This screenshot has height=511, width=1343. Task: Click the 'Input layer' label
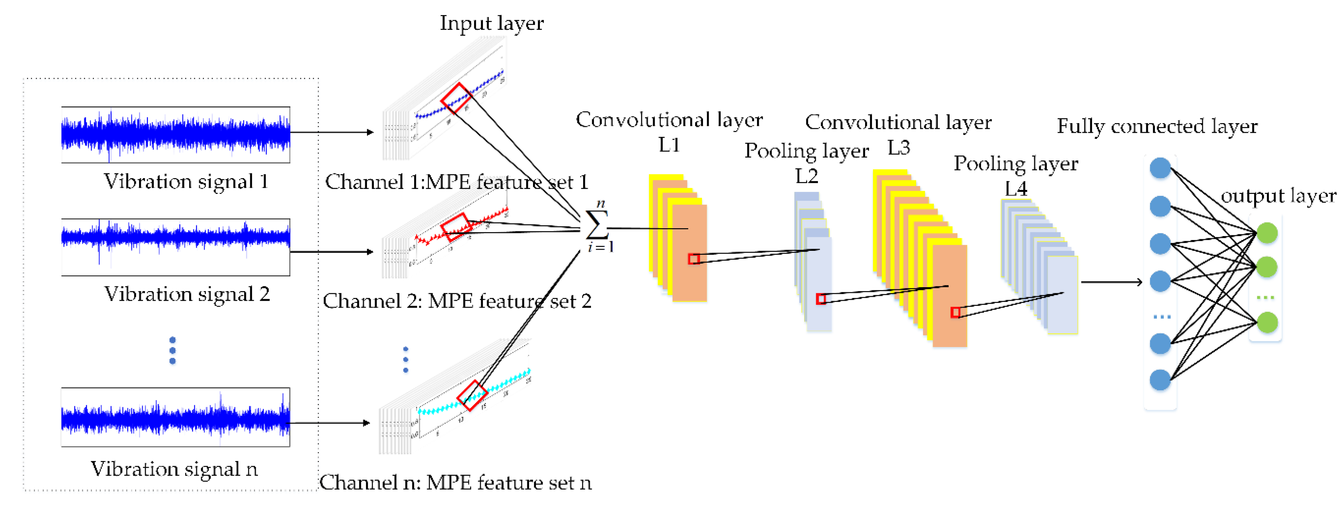491,23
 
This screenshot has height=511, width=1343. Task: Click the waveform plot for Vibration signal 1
176,134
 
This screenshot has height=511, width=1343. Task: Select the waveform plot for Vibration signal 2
176,247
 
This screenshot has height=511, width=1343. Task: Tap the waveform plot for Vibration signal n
176,417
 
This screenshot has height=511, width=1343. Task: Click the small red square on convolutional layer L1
693,259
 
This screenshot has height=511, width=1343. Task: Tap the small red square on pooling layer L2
821,298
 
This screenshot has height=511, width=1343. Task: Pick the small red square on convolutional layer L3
955,312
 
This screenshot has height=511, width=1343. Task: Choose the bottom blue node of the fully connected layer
1160,380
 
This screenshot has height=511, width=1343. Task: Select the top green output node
1267,233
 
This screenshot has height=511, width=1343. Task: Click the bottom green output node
1267,322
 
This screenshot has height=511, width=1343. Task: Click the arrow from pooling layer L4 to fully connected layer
1110,282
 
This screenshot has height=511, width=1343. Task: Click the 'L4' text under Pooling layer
1016,188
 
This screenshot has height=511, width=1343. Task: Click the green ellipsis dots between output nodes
1265,298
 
